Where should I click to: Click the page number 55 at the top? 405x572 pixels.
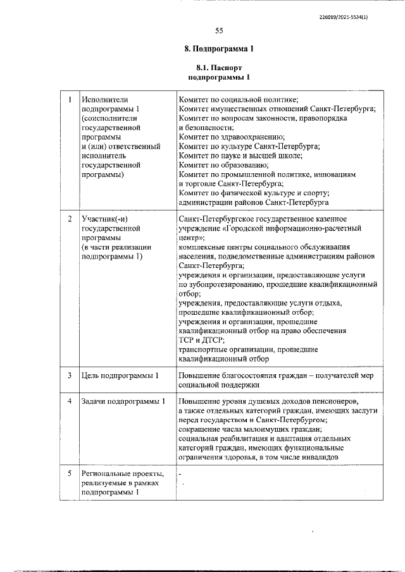click(x=219, y=30)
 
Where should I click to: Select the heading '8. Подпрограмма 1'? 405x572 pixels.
click(x=219, y=49)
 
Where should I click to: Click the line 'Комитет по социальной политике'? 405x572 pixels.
click(x=238, y=99)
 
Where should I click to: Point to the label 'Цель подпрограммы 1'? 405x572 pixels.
click(x=120, y=376)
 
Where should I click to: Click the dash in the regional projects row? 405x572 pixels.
click(x=180, y=473)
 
